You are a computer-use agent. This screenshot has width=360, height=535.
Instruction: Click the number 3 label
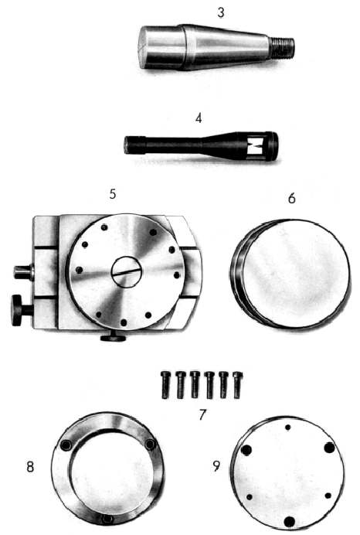221,12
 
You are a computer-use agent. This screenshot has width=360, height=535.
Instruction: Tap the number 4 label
199,118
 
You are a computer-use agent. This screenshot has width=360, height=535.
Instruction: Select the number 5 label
113,194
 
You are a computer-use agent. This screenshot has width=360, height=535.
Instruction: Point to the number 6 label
291,198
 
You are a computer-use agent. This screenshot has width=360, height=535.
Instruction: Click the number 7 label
203,415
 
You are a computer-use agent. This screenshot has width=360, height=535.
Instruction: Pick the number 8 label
30,467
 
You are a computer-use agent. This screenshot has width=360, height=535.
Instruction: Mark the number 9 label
216,465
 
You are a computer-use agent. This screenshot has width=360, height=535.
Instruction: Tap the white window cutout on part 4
256,145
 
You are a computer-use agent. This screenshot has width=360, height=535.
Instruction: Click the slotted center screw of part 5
126,272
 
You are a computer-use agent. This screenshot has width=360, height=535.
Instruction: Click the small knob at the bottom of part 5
114,338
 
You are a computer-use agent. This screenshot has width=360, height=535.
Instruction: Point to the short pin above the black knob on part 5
23,272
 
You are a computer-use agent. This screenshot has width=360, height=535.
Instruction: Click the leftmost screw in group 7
165,385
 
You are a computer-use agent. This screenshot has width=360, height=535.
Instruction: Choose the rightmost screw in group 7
238,385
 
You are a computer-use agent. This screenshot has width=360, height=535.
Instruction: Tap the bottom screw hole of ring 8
108,519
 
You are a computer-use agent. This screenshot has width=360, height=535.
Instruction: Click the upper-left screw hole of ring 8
65,445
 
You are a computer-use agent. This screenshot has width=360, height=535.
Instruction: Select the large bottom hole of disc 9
290,522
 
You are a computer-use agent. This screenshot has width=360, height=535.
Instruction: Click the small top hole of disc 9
288,428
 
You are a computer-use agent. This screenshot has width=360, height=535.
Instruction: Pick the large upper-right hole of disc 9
329,448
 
